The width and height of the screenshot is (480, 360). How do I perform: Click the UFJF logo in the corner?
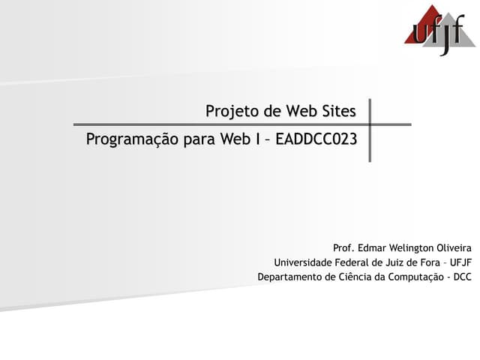(x=439, y=30)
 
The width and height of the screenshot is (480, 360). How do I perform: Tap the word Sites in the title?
(x=339, y=112)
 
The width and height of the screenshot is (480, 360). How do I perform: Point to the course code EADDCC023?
(x=316, y=139)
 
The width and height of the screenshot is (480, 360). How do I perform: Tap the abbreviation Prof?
(x=343, y=247)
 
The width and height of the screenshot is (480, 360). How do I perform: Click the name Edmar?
(x=373, y=247)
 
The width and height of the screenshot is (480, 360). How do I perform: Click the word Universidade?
(x=303, y=262)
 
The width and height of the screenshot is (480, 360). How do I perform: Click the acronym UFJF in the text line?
(x=460, y=262)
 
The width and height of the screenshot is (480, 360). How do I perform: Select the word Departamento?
(x=290, y=277)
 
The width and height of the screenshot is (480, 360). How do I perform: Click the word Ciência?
(x=355, y=277)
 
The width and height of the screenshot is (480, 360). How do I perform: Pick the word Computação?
(x=415, y=277)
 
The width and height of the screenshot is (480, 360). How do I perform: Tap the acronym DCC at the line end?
(x=462, y=277)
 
